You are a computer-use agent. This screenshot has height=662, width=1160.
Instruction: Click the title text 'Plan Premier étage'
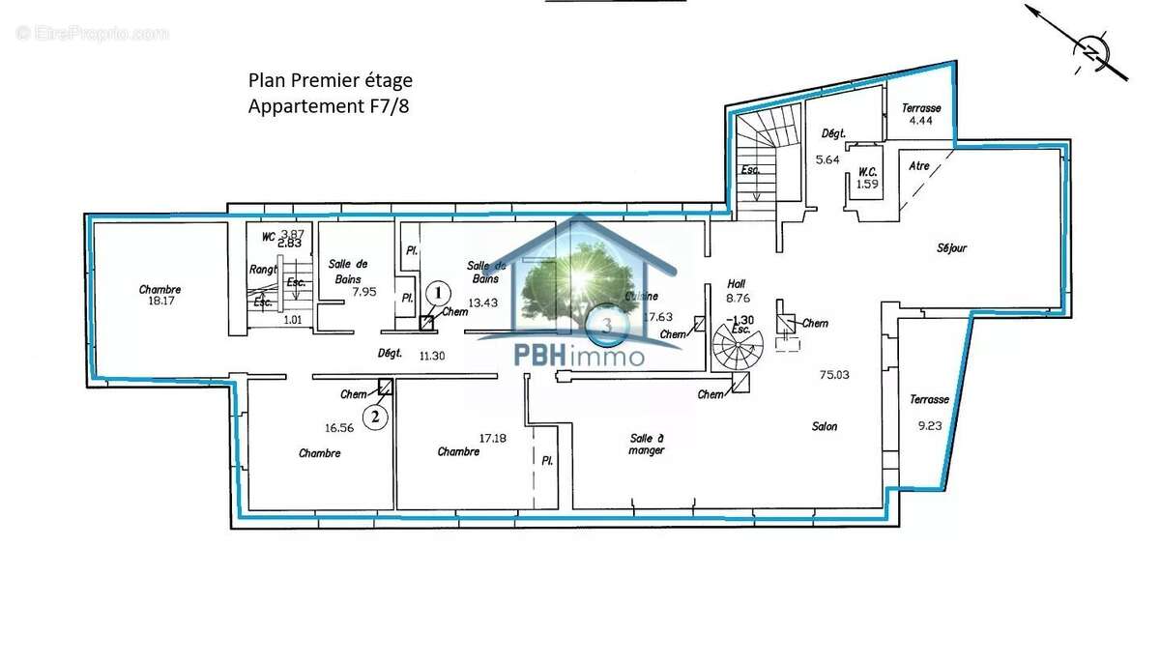tap(330, 81)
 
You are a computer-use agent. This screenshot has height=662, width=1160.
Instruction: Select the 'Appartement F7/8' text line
tap(329, 106)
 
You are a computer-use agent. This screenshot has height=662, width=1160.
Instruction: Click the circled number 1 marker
tap(439, 291)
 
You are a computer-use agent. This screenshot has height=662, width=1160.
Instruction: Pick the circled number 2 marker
tap(376, 417)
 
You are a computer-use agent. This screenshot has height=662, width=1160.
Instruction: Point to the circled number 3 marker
tap(607, 326)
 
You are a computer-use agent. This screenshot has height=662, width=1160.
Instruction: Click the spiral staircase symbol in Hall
tap(737, 343)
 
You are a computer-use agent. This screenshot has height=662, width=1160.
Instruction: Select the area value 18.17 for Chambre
tap(159, 301)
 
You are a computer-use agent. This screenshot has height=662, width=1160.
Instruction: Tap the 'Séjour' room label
tap(951, 248)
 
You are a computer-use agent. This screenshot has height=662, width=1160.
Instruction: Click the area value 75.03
tap(833, 375)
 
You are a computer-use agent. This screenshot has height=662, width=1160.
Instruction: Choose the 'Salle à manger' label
tap(646, 444)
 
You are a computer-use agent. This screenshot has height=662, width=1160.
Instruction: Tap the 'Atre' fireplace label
tap(919, 166)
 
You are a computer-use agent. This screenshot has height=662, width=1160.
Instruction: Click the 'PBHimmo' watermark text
tap(579, 356)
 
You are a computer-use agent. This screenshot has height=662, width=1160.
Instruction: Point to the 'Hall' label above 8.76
tap(737, 284)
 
